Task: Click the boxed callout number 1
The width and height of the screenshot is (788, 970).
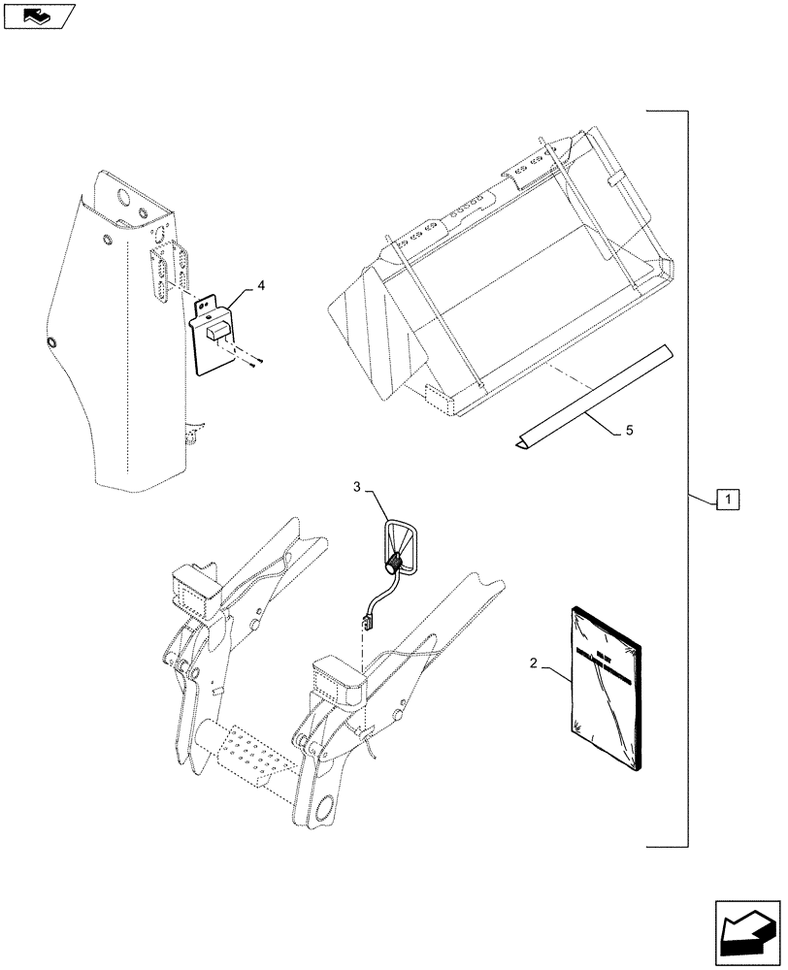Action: click(728, 500)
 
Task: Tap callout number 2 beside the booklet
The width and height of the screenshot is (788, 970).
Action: click(533, 663)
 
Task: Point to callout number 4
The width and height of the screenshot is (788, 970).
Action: click(260, 286)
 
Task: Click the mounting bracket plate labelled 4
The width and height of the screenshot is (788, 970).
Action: click(214, 335)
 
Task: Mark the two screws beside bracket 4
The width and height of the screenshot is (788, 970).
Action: click(254, 361)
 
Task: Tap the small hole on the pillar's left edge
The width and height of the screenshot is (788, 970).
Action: click(52, 343)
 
